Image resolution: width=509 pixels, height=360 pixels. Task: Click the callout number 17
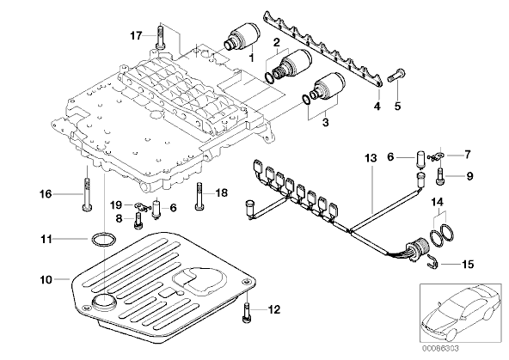coord(137,35)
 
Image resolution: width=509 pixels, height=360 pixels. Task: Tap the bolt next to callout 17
coord(160,37)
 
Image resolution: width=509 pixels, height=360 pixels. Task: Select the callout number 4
coord(377,106)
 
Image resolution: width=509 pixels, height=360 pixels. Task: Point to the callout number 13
coord(371,158)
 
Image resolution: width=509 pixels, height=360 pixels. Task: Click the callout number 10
coord(46,279)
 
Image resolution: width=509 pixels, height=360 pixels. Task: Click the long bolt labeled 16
coord(87,194)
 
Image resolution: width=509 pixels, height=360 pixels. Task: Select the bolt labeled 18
coord(199,196)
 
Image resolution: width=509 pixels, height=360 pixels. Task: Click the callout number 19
coord(116,205)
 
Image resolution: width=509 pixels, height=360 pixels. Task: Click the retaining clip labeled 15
coord(432,262)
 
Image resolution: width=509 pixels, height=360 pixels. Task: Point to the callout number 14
coord(437,203)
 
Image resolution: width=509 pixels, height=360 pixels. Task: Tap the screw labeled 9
coord(440,176)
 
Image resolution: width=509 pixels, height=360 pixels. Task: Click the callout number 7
coord(467,155)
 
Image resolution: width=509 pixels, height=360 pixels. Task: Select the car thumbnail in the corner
coord(461,313)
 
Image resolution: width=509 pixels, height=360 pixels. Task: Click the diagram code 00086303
coord(440,349)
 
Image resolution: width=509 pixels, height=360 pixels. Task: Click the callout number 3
coord(325,123)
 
